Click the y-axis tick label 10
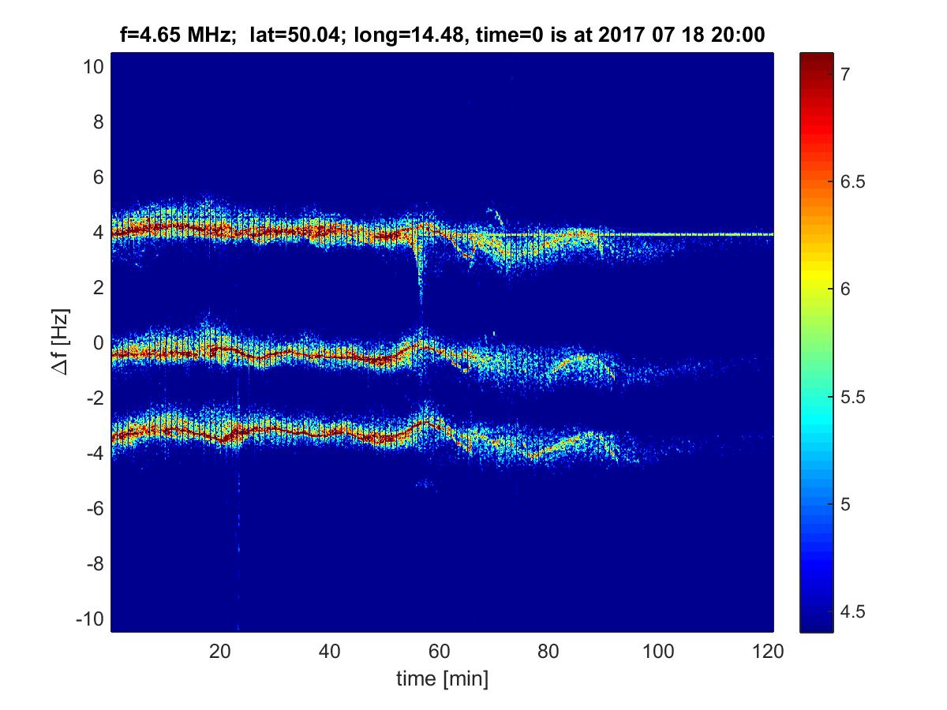(x=93, y=67)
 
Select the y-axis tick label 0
(x=98, y=343)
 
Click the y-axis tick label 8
(x=98, y=122)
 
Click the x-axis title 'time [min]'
(x=442, y=678)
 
